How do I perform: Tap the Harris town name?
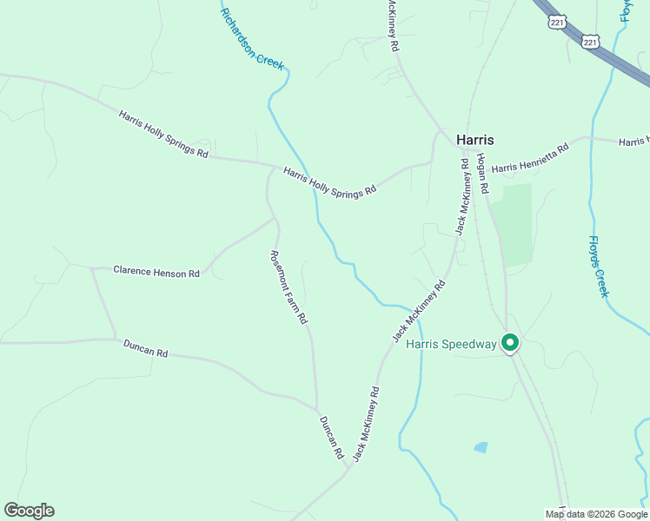[x=475, y=139]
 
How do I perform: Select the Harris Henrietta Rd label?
[x=529, y=158]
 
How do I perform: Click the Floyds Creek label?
[x=598, y=266]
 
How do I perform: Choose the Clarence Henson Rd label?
[x=156, y=273]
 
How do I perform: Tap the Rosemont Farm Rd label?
[x=289, y=287]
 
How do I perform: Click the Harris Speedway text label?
[x=451, y=345]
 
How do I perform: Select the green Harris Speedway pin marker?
[x=510, y=344]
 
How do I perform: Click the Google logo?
[x=29, y=511]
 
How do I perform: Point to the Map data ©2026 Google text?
[x=596, y=514]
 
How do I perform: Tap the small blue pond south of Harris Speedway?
[x=481, y=447]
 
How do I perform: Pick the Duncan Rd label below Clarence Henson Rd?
[x=145, y=350]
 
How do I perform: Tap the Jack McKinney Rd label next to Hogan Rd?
[x=461, y=196]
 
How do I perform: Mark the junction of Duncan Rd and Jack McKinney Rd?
[x=349, y=468]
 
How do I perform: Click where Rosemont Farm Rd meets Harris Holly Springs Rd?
[x=271, y=168]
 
